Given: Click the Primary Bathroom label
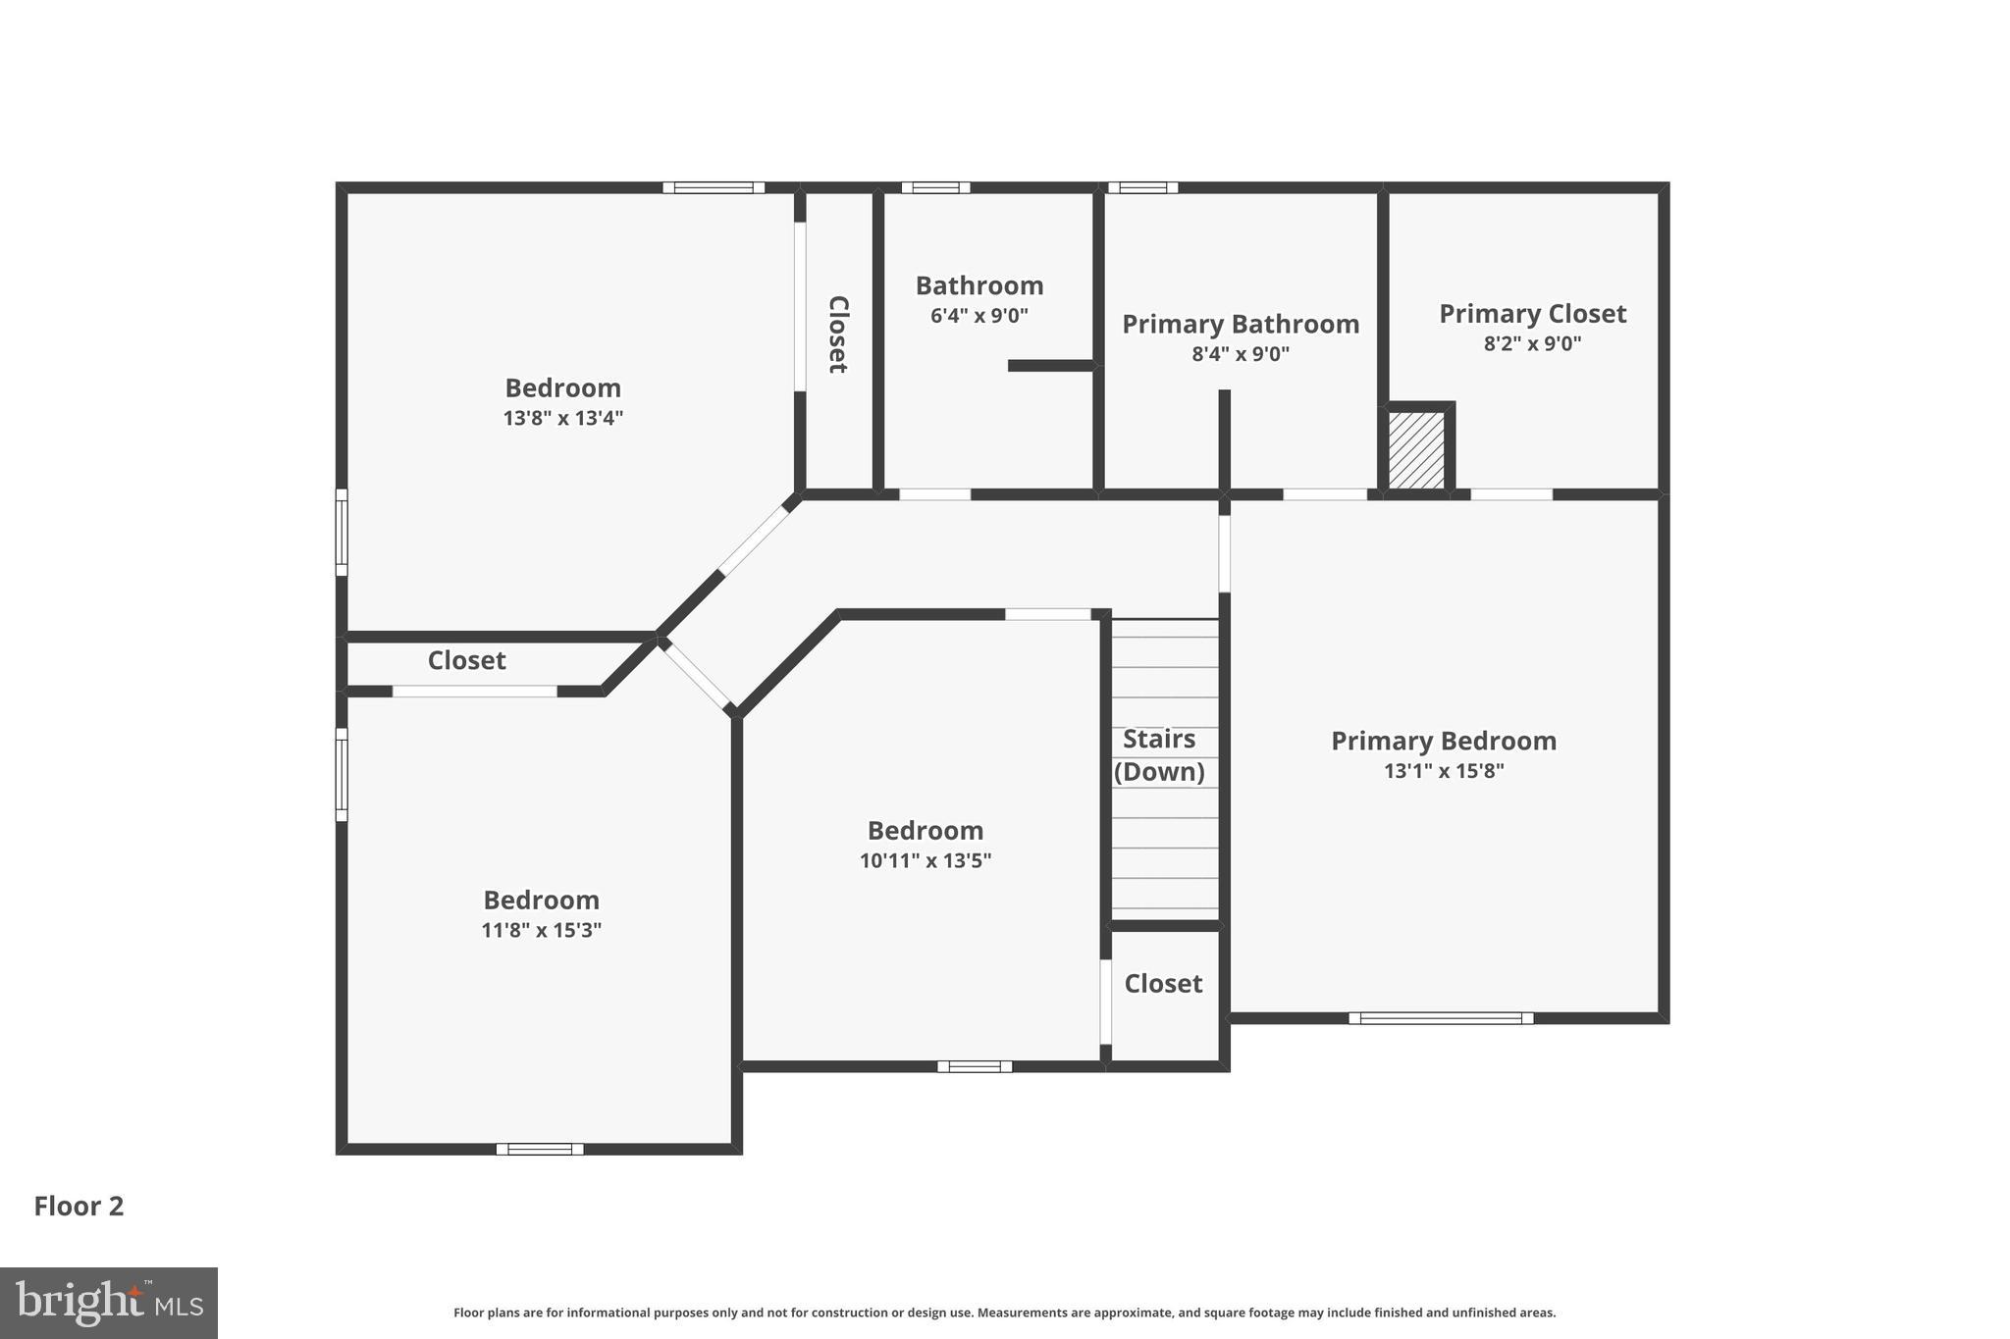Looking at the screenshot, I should coord(1241,324).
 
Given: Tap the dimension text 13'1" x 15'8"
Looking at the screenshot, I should coord(1444,771).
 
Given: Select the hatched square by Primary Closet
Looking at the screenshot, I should coord(1416,450).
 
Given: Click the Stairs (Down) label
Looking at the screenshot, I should coord(1159,754).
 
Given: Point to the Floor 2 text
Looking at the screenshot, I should coord(79,1206).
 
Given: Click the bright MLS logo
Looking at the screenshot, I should coord(109,1303).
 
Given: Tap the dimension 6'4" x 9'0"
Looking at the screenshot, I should coord(979,316).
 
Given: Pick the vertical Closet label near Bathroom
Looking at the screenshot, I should coord(837,335).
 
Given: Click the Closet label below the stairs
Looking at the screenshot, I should coord(1163,983).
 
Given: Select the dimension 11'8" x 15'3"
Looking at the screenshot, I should coord(541,930).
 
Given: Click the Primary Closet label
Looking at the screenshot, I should coord(1532,314).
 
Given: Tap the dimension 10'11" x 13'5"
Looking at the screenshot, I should coord(926,861).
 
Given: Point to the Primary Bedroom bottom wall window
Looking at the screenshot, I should coord(1440,1018).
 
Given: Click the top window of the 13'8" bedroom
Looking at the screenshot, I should coord(714,187).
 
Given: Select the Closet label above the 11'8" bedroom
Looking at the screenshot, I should coord(466,660).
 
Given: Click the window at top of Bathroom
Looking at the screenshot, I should coord(935,187).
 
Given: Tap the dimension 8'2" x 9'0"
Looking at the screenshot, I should coord(1532,344).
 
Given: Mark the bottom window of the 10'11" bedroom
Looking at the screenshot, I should coord(974,1066).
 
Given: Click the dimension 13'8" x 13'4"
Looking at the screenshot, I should coord(563,418).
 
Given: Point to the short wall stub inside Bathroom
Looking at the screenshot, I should coord(1051,366).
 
